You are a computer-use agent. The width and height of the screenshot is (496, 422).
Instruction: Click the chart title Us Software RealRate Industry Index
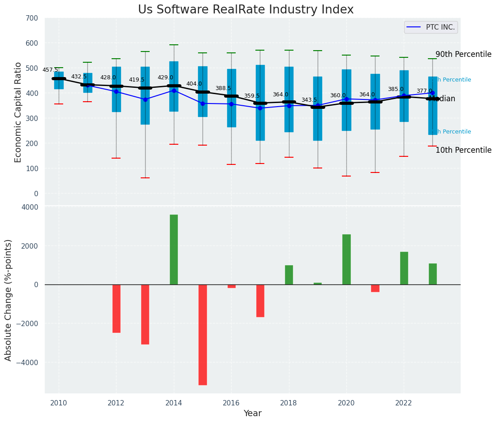[246, 10]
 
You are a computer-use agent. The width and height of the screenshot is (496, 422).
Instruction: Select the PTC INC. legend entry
[431, 27]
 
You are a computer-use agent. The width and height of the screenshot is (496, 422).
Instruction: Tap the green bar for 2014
[174, 250]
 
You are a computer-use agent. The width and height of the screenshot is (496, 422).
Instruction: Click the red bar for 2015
[203, 335]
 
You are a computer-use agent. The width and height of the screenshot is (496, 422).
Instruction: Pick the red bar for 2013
[145, 314]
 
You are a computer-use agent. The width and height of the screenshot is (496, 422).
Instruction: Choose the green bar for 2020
[346, 259]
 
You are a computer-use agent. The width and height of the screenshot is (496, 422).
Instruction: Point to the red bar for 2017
[260, 301]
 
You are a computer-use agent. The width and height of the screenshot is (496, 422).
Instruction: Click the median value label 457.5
[50, 70]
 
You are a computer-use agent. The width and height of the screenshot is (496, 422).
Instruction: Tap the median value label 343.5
[309, 100]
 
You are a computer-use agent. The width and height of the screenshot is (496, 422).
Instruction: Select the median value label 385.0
[396, 89]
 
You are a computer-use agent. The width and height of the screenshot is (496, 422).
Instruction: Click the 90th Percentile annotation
[463, 54]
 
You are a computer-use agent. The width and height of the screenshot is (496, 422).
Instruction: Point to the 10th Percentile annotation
[463, 150]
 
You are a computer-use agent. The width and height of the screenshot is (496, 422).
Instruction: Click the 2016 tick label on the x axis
[231, 403]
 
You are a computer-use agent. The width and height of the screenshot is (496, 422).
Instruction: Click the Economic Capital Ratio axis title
[18, 112]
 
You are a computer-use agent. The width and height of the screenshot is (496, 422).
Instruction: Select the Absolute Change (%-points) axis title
[9, 300]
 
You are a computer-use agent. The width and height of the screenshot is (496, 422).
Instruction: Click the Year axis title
[252, 413]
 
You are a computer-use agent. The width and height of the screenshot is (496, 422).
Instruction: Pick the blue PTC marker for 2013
[145, 99]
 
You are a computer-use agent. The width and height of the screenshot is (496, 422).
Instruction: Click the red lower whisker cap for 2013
[145, 178]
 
